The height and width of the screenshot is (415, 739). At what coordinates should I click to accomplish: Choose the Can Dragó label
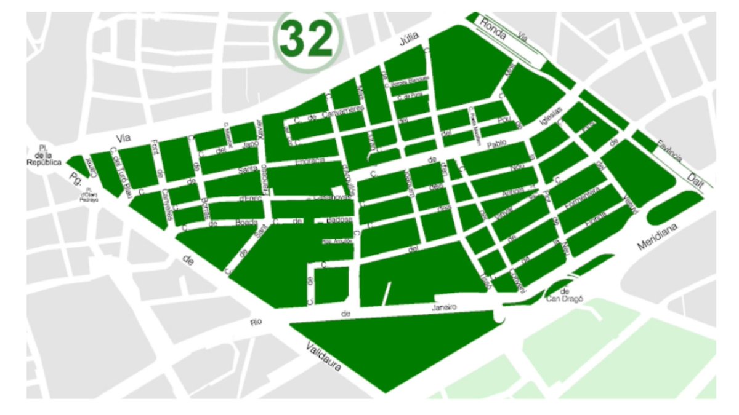pos(562,299)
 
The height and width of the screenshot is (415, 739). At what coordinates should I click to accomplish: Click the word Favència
pos(668,150)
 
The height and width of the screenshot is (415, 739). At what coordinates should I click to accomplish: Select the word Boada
pos(245,223)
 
